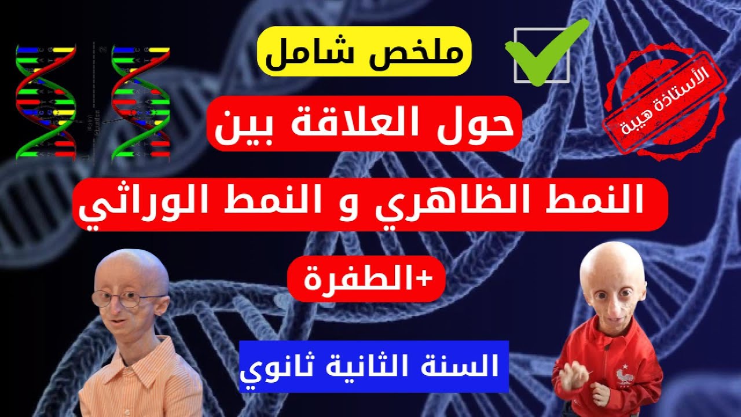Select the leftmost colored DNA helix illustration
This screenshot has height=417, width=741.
[46, 101]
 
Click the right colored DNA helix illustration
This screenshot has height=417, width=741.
[141, 101]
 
